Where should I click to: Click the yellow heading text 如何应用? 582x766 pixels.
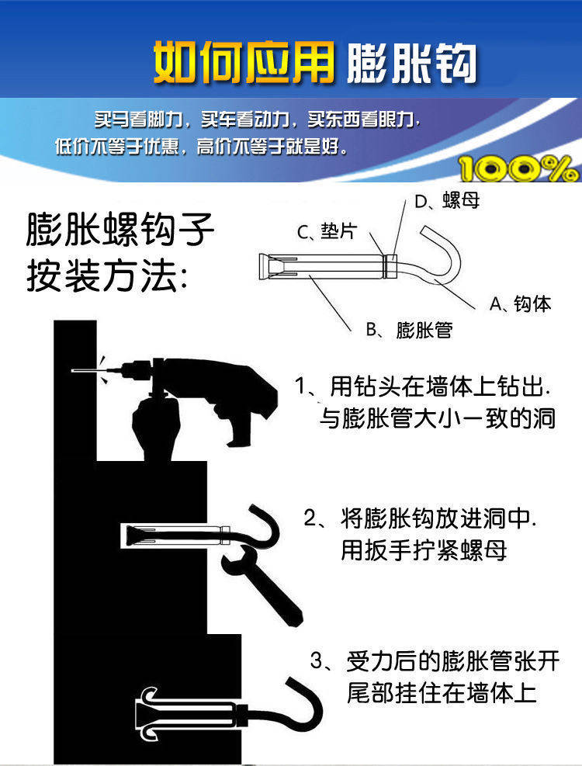tap(242, 61)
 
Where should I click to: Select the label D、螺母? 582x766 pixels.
tap(447, 202)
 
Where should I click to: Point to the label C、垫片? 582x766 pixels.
tap(327, 231)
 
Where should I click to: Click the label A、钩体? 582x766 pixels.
tap(520, 304)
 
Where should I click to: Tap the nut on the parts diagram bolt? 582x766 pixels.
tap(393, 266)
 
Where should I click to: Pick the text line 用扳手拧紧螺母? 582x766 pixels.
tap(424, 550)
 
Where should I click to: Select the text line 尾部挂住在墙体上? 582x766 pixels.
tap(442, 692)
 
